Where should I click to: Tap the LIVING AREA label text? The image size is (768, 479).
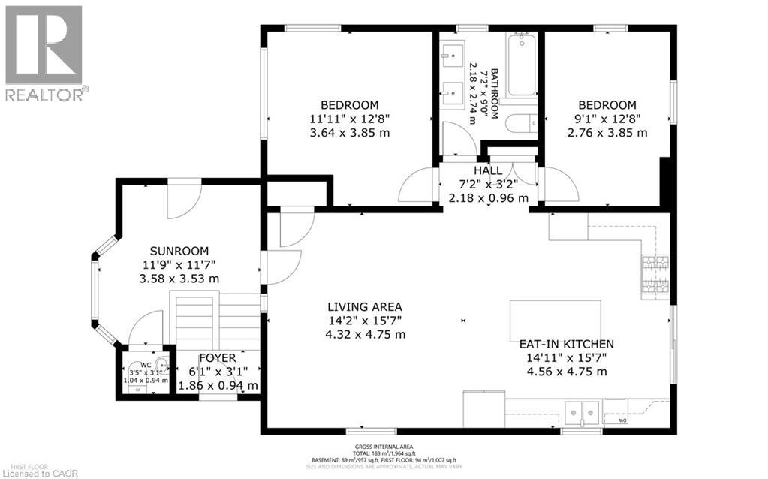coord(365,306)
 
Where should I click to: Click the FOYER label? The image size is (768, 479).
coord(218,358)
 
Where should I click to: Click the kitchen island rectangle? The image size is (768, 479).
coord(555,320)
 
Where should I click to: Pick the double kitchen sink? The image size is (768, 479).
coord(583,411)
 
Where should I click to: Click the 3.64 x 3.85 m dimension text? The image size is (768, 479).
coord(350,133)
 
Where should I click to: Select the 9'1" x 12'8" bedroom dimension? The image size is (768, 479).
coord(607,119)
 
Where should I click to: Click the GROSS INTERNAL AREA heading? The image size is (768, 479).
coord(384,447)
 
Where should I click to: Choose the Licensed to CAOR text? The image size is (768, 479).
coord(35,471)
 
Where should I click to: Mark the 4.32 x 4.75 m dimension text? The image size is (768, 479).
coord(365,334)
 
